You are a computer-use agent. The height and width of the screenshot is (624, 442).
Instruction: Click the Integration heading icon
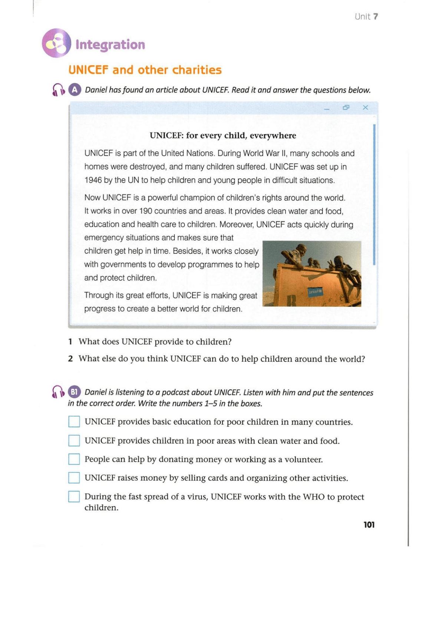click(56, 43)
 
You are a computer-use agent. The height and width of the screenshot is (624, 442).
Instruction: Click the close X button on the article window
click(365, 107)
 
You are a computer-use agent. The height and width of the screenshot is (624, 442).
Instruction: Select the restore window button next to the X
click(346, 107)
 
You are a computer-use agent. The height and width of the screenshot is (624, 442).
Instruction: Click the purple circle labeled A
click(75, 90)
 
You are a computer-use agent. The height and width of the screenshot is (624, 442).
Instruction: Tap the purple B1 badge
click(74, 392)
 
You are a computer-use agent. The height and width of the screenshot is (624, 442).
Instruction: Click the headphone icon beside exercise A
click(58, 90)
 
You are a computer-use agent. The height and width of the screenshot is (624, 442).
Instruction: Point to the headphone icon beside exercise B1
click(58, 392)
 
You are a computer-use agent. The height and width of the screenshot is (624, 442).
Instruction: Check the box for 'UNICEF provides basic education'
click(74, 422)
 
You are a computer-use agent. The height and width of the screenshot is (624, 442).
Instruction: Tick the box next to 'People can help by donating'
click(74, 459)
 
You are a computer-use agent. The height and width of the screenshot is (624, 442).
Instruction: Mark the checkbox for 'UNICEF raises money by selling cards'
click(74, 478)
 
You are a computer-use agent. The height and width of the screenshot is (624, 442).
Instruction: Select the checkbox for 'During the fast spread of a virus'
click(74, 497)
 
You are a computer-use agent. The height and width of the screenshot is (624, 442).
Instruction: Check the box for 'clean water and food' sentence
click(74, 441)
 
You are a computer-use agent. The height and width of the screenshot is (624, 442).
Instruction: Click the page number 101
click(369, 525)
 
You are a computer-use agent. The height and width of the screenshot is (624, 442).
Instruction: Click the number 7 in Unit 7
click(376, 16)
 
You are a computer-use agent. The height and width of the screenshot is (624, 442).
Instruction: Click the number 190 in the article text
click(146, 211)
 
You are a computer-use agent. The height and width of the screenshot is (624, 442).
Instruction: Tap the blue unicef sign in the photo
click(315, 292)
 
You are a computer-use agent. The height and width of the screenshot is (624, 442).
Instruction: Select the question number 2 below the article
click(70, 359)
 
